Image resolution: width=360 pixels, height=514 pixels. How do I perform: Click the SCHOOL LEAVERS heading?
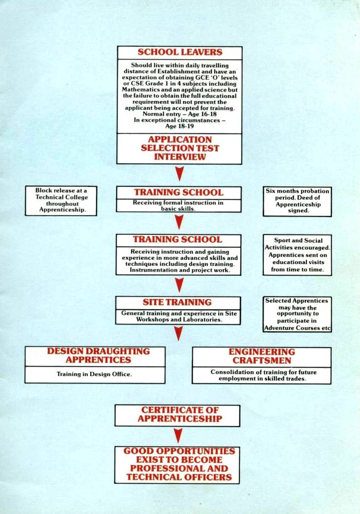[180, 52]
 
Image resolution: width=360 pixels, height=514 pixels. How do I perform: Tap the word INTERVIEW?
[180, 157]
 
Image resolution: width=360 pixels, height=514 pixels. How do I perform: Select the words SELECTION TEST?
[180, 148]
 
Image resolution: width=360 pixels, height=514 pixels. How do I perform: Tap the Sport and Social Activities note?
[297, 255]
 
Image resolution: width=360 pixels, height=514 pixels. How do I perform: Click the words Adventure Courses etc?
[297, 328]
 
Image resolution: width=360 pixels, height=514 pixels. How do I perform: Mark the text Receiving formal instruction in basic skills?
[178, 205]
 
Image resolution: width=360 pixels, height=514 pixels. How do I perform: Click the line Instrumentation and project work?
[179, 270]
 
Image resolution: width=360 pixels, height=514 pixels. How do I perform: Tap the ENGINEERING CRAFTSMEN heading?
[261, 356]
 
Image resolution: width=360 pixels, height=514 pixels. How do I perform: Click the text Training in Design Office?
[95, 374]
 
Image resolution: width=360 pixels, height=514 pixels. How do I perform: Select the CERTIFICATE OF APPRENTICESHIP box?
[177, 415]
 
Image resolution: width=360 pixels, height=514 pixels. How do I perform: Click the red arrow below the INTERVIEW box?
[179, 174]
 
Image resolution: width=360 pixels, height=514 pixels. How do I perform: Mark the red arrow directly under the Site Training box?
[179, 334]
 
